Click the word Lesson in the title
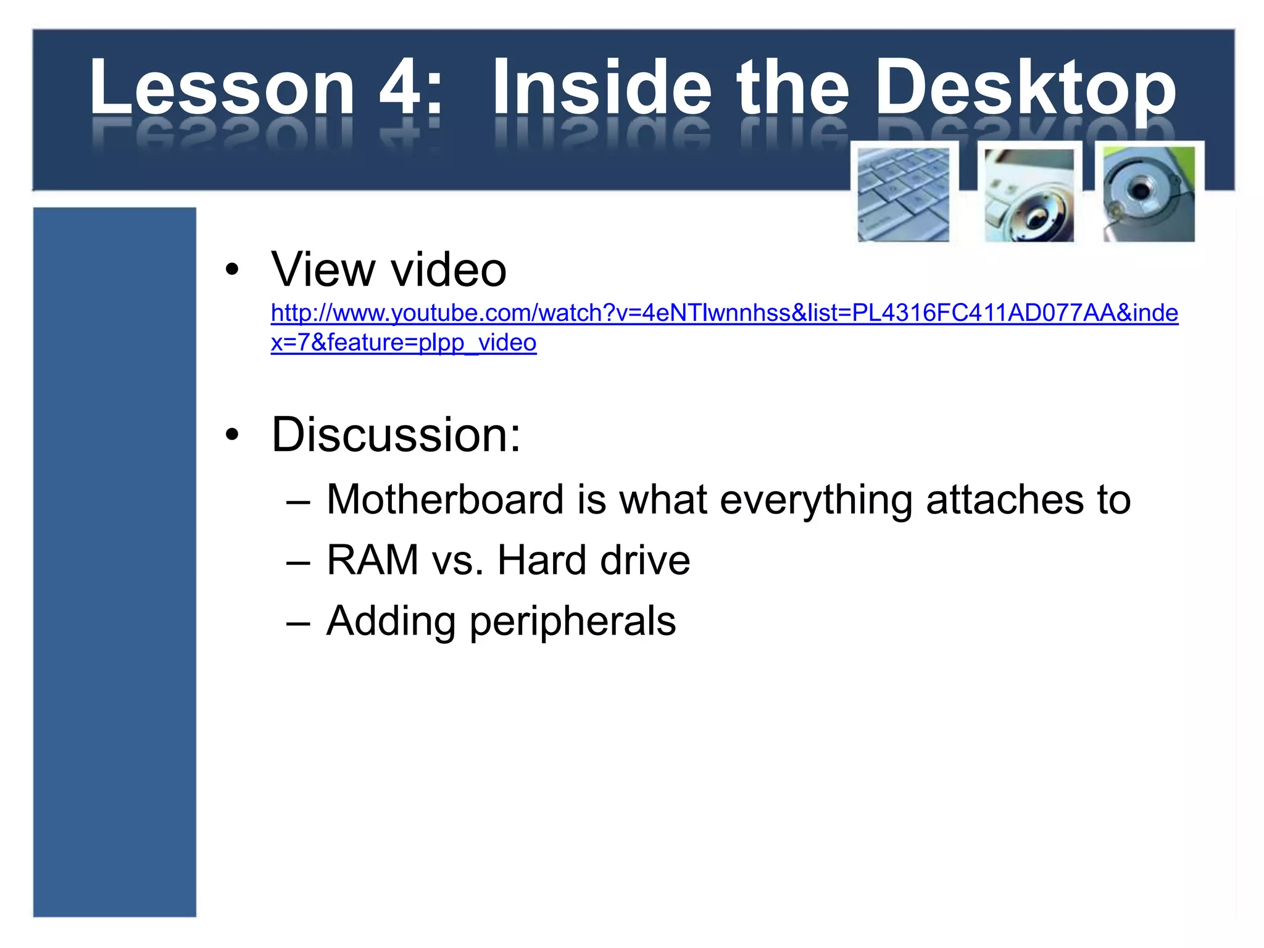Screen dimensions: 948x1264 click(x=222, y=88)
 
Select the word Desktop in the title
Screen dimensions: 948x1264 click(x=1025, y=88)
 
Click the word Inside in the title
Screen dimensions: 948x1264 click(x=602, y=88)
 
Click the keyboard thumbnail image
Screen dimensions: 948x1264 click(x=904, y=194)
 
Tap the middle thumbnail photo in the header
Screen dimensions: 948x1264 click(x=1029, y=194)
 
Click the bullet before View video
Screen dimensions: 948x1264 click(x=232, y=270)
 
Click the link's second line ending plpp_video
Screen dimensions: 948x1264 click(x=404, y=343)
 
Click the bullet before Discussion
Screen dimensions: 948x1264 click(x=232, y=434)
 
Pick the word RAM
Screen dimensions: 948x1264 click(x=373, y=560)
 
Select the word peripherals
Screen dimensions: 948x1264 click(x=573, y=621)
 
